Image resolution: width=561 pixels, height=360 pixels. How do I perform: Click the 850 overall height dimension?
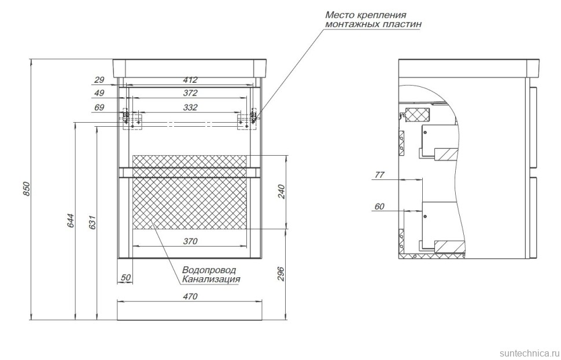[x=26, y=189]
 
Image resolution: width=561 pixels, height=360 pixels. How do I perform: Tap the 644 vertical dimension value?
[x=71, y=221]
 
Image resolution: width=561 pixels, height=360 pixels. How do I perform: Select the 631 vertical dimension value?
[x=93, y=222]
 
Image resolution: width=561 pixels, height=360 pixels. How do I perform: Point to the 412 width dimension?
[x=190, y=80]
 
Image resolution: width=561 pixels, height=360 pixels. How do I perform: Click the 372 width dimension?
[x=190, y=93]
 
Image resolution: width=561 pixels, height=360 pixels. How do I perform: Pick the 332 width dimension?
[x=190, y=107]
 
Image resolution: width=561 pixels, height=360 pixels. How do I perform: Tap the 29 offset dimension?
[x=99, y=80]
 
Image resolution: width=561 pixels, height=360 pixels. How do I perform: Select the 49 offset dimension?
[x=99, y=93]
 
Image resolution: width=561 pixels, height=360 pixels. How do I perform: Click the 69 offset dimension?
[x=99, y=107]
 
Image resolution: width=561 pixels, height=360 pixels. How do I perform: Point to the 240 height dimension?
[x=281, y=192]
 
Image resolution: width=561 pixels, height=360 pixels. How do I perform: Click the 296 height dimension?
[x=281, y=274]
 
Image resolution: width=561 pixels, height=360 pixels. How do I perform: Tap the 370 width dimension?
[x=190, y=241]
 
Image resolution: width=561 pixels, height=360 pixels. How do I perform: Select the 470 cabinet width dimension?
[x=190, y=296]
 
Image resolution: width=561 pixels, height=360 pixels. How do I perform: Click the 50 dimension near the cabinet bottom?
[x=126, y=278]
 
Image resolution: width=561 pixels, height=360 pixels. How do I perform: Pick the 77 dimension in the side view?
[x=379, y=175]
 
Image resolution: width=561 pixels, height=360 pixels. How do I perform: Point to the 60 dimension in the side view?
[x=379, y=207]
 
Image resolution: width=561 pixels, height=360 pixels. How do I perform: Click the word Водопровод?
[x=209, y=270]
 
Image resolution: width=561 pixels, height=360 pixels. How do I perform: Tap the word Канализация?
[x=211, y=279]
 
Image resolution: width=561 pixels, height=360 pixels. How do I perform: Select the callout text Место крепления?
[x=366, y=15]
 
